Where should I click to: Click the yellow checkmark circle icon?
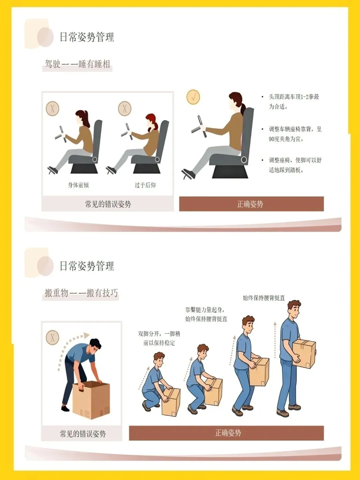193,97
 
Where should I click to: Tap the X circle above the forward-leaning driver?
52,108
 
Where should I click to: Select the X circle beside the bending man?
52,337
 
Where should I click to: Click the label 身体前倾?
78,185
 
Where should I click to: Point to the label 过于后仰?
145,185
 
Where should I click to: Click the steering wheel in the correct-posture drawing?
199,127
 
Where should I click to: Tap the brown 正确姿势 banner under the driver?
251,204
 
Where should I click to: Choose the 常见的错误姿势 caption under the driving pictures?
108,204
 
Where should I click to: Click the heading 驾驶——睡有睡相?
77,64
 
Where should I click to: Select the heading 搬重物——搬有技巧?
81,293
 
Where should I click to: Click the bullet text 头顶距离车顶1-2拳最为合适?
294,102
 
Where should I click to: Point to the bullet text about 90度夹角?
295,134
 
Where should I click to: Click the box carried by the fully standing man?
304,354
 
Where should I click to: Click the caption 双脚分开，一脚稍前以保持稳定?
159,338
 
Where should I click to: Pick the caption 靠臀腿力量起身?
205,310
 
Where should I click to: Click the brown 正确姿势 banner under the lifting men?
226,433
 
